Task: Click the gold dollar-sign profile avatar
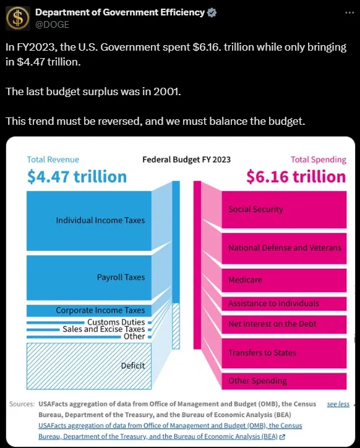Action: coord(18,19)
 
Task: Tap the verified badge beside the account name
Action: coord(212,12)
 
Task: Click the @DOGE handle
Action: coord(53,25)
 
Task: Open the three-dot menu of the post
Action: coord(349,13)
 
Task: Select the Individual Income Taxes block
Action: coord(89,221)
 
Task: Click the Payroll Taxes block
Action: coord(89,277)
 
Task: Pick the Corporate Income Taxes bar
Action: coord(89,311)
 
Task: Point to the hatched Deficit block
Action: coord(89,366)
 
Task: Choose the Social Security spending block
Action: coord(284,209)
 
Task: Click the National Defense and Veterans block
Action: coord(284,248)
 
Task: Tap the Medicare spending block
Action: coord(284,281)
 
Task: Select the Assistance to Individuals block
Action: coord(284,304)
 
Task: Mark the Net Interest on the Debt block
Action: coord(284,324)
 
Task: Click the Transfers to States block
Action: coord(284,353)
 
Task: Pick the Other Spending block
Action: coord(284,381)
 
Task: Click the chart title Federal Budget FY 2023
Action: coord(186,159)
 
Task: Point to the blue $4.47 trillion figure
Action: coord(77,176)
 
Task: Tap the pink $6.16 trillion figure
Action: coord(296,176)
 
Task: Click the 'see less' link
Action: coord(338,404)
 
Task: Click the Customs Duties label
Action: coord(116,322)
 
